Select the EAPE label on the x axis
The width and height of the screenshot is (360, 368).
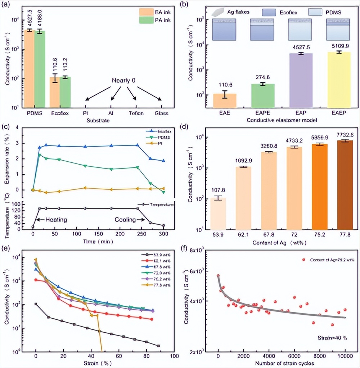point(262,113)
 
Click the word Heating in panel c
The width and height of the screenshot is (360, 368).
point(57,220)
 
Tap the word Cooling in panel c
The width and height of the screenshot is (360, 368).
point(125,220)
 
